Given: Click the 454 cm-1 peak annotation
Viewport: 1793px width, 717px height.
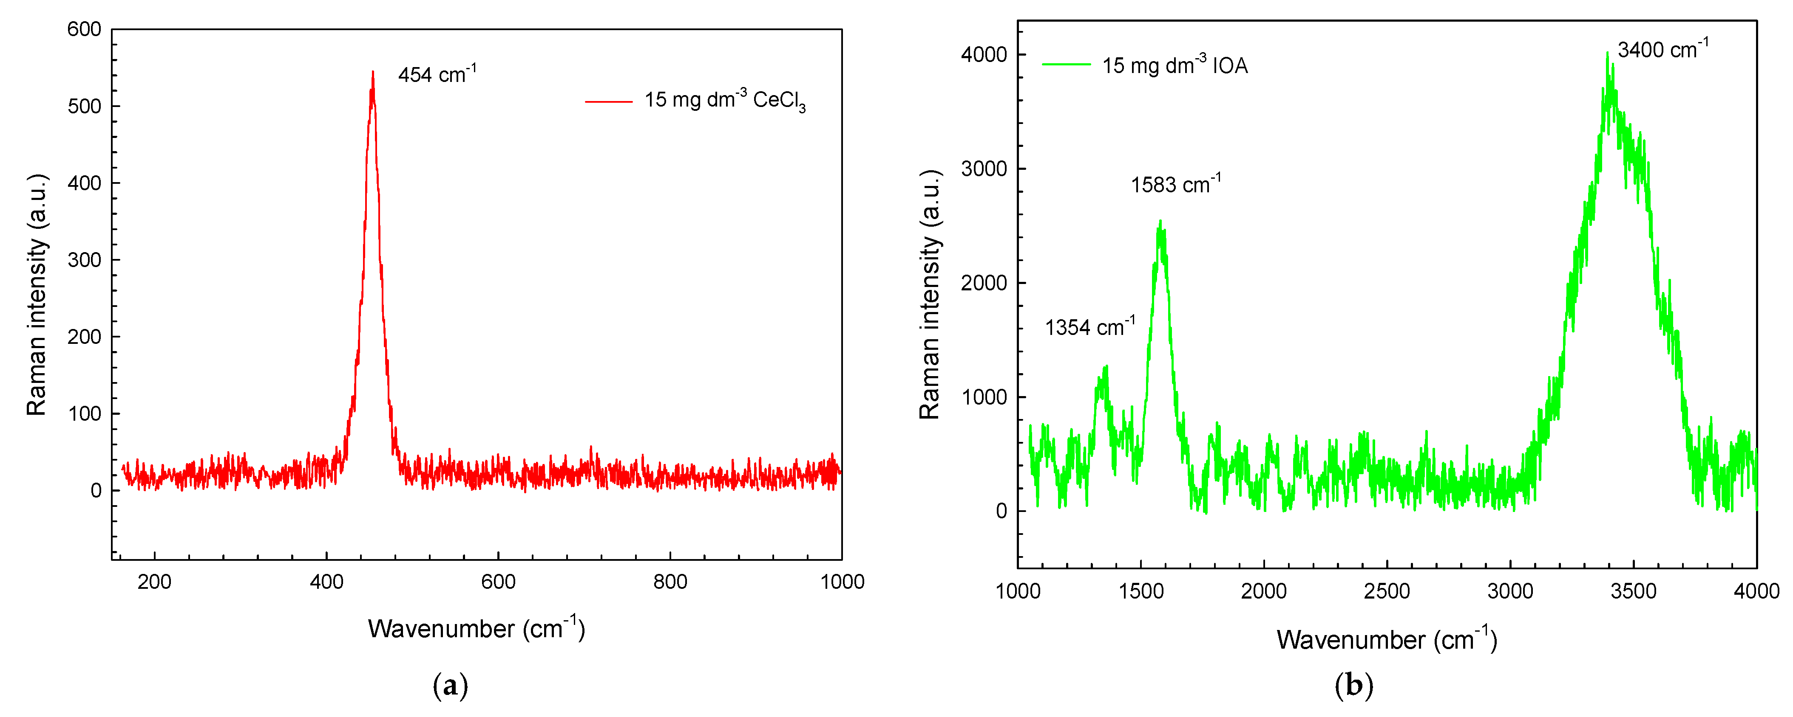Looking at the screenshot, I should click(x=437, y=74).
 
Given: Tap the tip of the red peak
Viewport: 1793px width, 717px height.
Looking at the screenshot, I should click(x=373, y=72).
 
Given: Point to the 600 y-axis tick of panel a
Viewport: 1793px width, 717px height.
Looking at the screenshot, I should click(x=84, y=29).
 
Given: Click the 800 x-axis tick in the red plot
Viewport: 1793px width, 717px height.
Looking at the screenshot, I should click(x=670, y=582).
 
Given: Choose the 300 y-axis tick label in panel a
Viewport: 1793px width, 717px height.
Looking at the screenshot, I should click(x=84, y=260).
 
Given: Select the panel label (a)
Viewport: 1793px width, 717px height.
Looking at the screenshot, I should click(x=450, y=686).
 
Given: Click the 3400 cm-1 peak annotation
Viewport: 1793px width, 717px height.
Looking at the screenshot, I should click(x=1662, y=49).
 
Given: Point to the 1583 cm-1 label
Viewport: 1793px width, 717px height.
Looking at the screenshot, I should click(x=1175, y=184).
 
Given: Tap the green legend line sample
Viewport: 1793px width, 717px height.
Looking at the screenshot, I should click(x=1066, y=65).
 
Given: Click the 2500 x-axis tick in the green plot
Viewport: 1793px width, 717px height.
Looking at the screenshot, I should click(x=1387, y=591).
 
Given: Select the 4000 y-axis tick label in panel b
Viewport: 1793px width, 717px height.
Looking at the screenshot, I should click(x=984, y=54).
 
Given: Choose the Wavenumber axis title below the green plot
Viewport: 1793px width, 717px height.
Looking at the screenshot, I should click(x=1387, y=639).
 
